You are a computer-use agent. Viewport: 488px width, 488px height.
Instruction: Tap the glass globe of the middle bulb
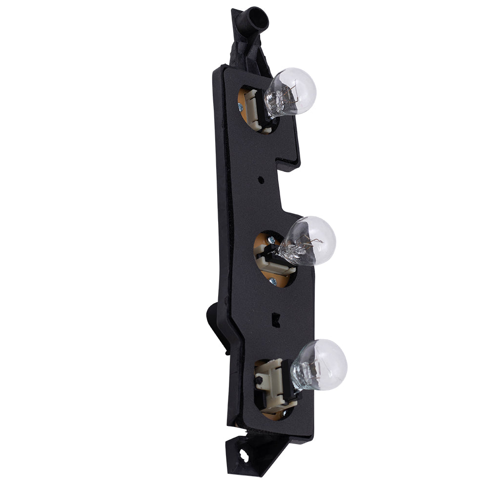(x=313, y=240)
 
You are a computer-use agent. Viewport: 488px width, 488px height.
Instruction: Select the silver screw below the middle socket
(x=274, y=282)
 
